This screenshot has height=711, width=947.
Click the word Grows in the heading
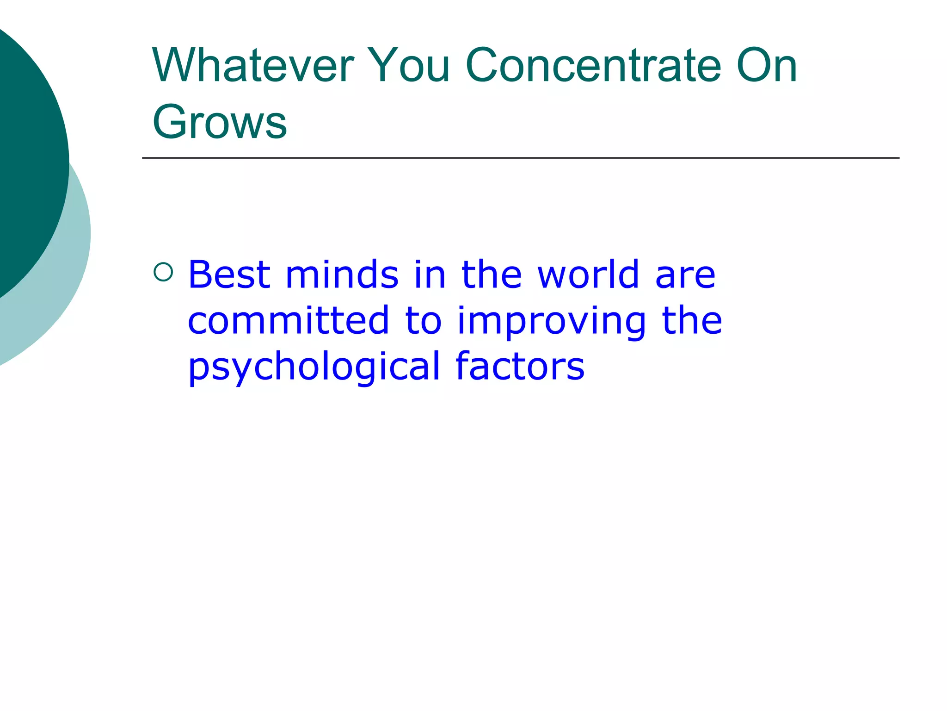220,122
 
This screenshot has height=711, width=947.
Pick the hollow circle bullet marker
163,272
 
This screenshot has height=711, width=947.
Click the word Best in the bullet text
229,274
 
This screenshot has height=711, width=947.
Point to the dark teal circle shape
28,162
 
